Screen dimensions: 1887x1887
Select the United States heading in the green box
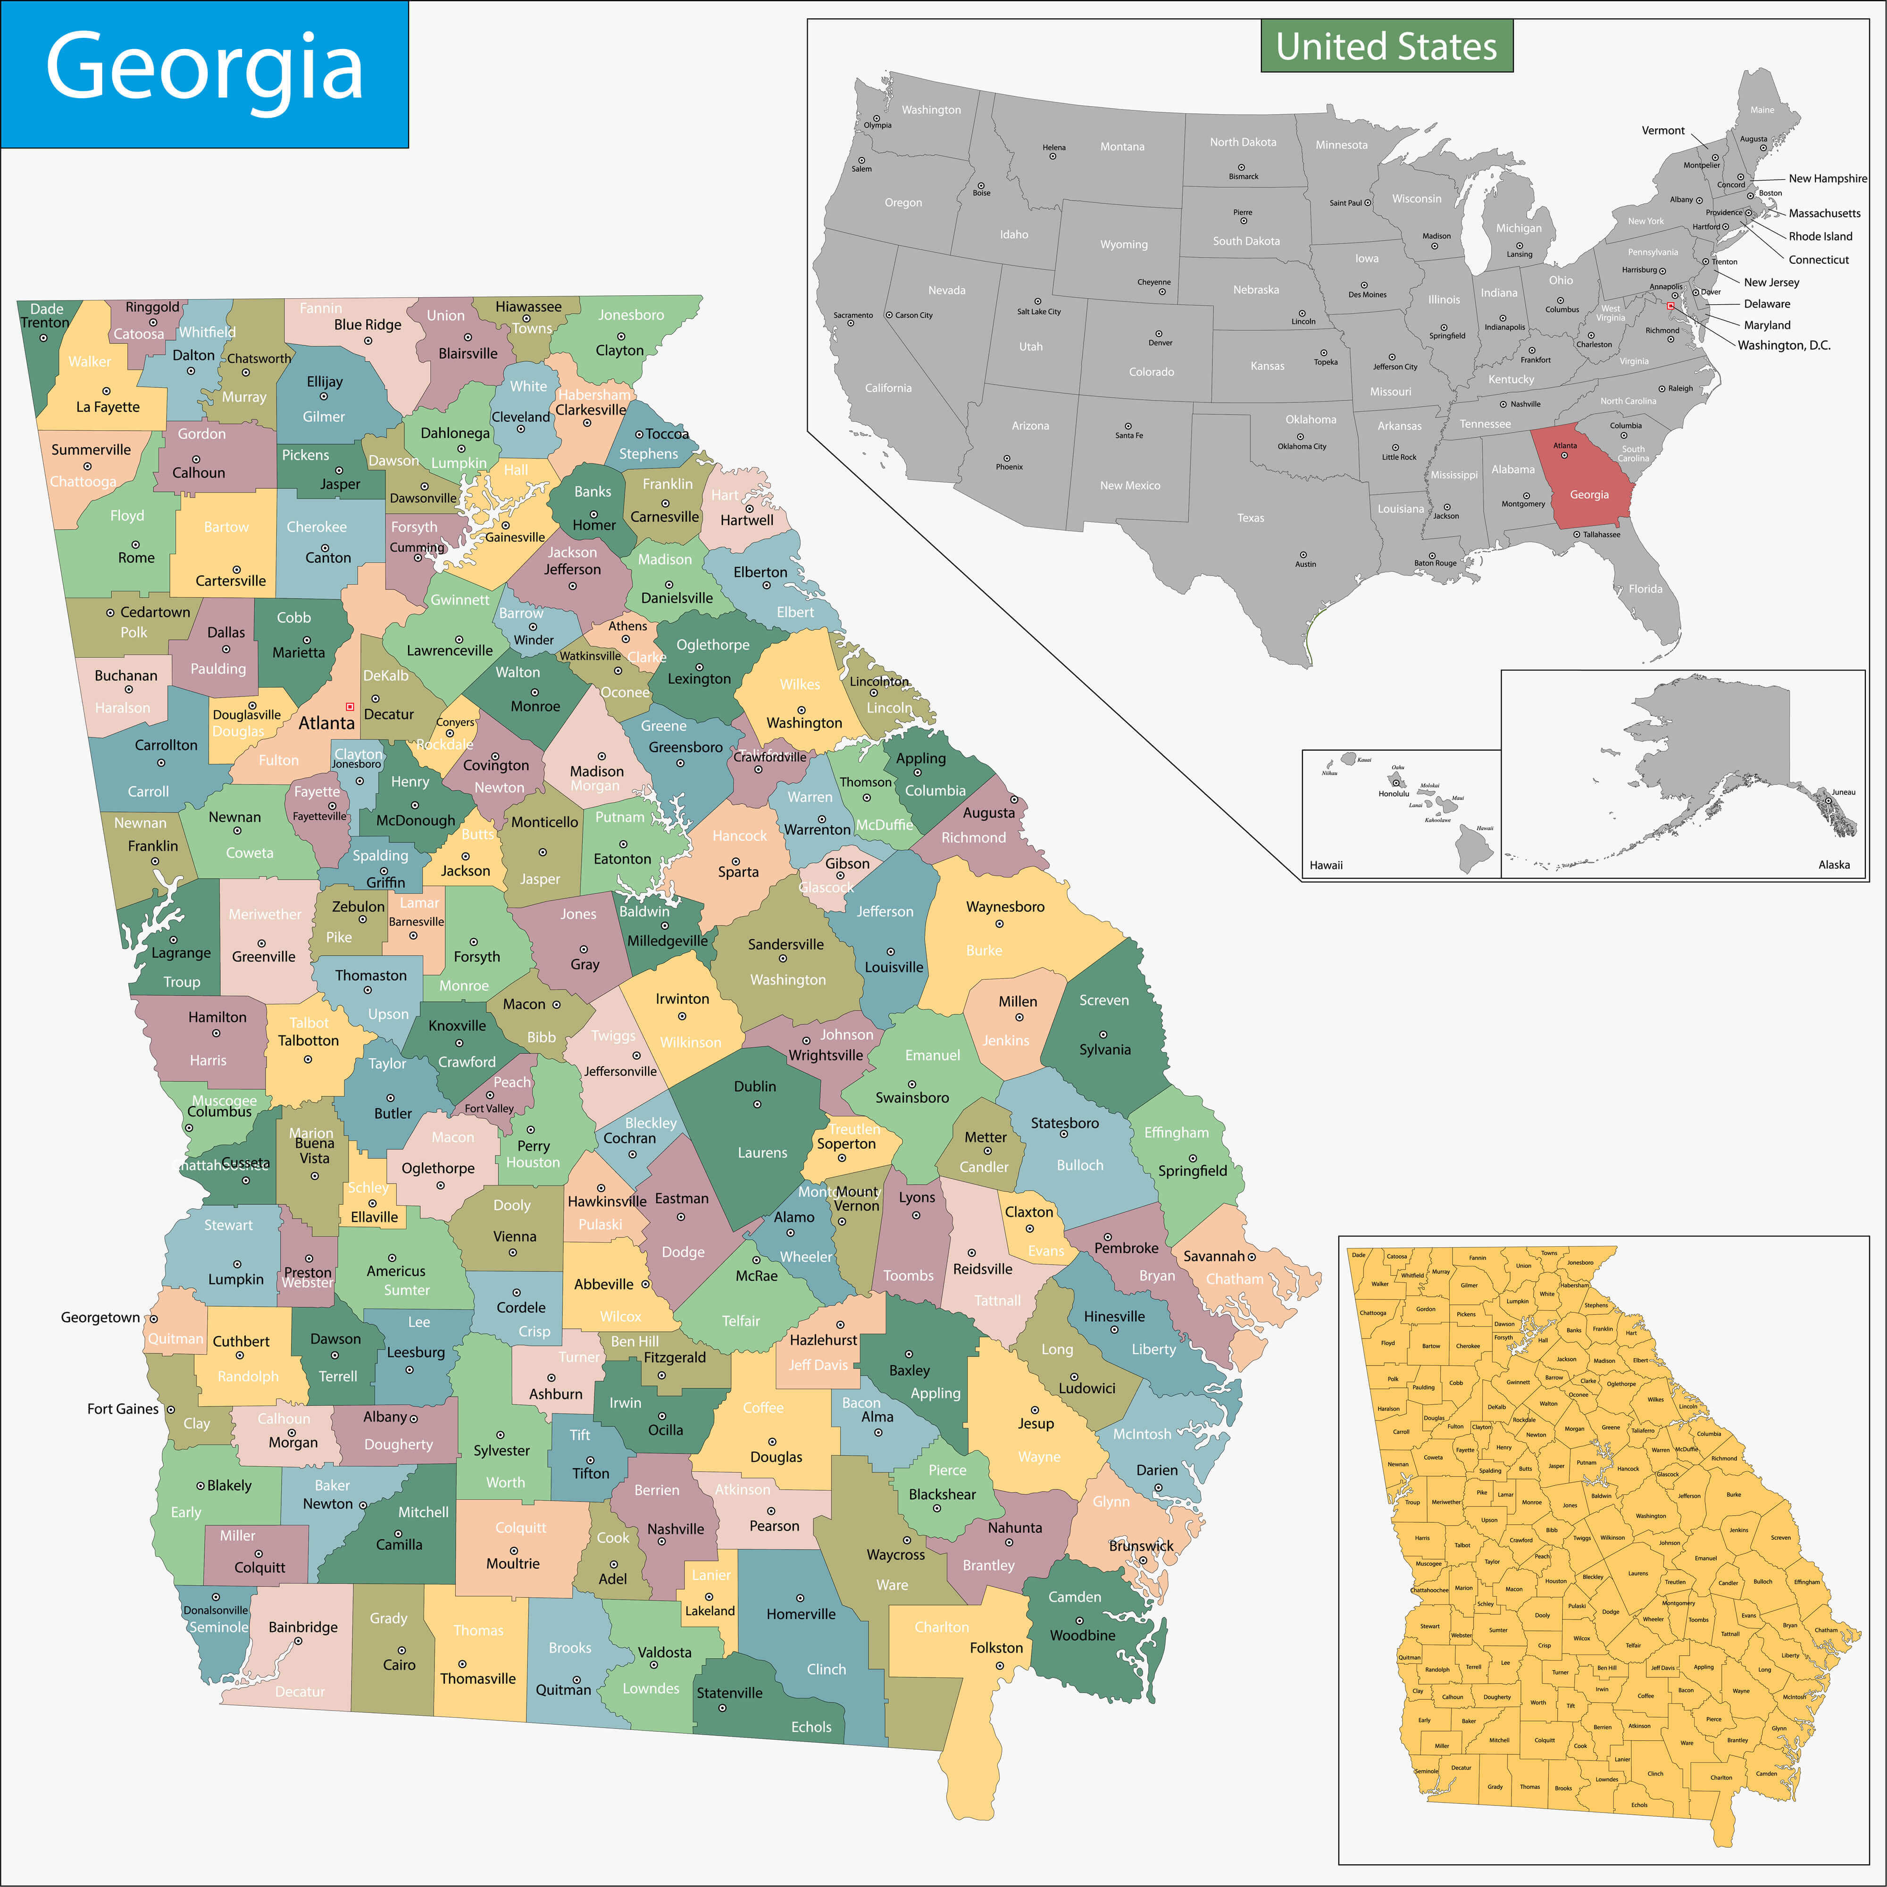pyautogui.click(x=1386, y=46)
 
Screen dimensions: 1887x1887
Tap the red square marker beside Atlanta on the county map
pyautogui.click(x=350, y=706)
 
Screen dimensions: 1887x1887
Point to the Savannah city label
pyautogui.click(x=1214, y=1256)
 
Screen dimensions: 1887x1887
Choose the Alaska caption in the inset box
pyautogui.click(x=1833, y=864)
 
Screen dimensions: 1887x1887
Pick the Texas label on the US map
pyautogui.click(x=1250, y=518)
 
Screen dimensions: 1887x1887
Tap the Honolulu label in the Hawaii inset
pyautogui.click(x=1394, y=793)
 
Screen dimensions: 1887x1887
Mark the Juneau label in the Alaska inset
pyautogui.click(x=1843, y=792)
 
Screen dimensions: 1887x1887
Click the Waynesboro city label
pyautogui.click(x=1005, y=906)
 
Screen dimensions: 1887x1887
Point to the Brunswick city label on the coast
pyautogui.click(x=1141, y=1545)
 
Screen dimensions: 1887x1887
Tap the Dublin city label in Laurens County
pyautogui.click(x=755, y=1086)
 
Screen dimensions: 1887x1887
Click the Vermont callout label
pyautogui.click(x=1662, y=130)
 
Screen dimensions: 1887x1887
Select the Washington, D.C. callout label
pyautogui.click(x=1784, y=345)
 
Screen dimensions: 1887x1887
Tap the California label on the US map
pyautogui.click(x=888, y=388)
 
